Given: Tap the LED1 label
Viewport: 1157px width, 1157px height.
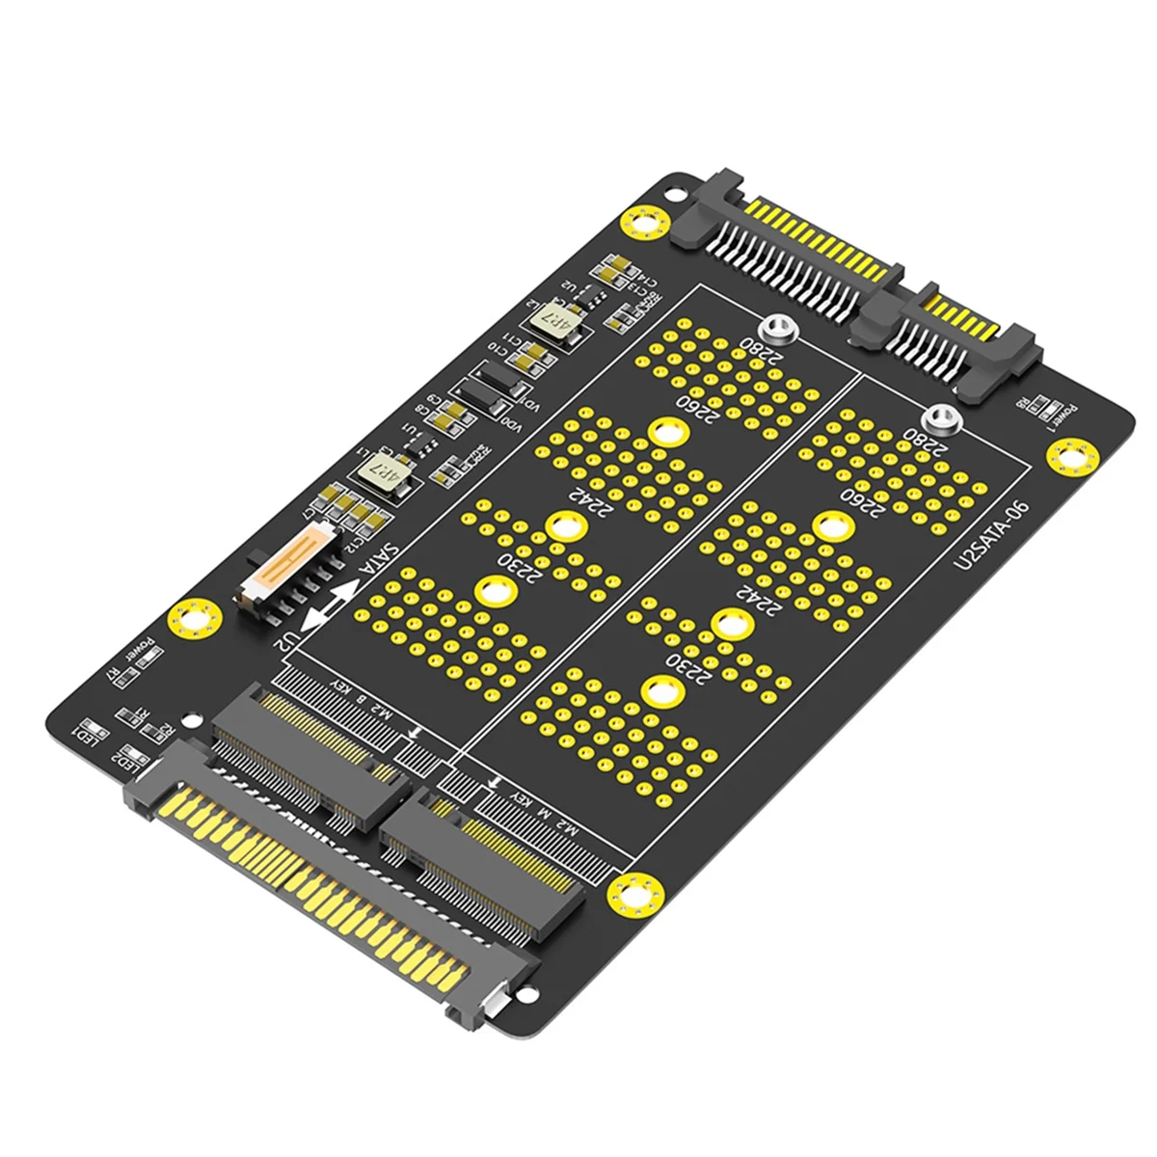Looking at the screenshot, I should coord(88,732).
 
